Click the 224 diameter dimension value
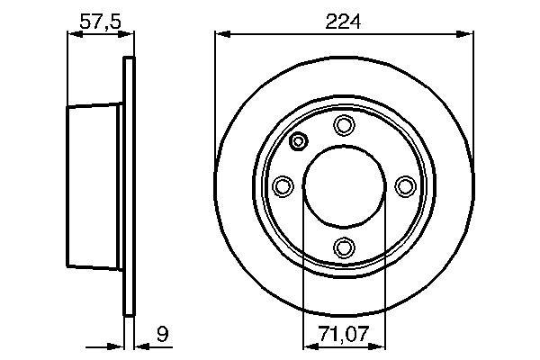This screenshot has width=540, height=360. coord(343,22)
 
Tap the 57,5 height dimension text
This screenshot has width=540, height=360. coord(101,22)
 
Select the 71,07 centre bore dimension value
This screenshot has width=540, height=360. coord(344,334)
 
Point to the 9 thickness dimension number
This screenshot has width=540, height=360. coord(163,334)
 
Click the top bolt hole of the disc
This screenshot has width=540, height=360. coord(344,125)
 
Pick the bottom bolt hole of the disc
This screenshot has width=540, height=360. coord(344,247)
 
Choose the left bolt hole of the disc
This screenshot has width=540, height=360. coord(283,186)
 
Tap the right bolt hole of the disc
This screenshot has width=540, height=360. coord(405,186)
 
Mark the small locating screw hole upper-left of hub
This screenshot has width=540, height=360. coord(298,141)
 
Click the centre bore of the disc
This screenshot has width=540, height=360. coord(344,186)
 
